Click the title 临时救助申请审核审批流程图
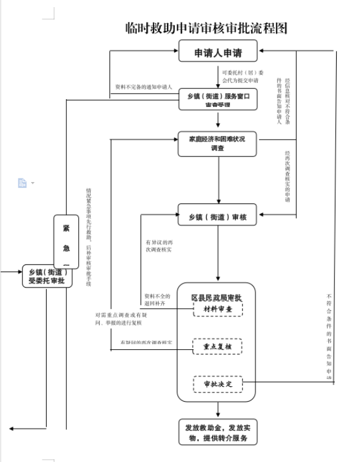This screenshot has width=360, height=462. pos(206,28)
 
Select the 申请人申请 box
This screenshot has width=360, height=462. pos(218,52)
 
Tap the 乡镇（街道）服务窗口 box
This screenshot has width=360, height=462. pos(218,99)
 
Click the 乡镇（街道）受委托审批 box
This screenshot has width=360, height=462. pos(47,276)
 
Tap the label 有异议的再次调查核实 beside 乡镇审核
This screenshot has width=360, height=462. pos(159,246)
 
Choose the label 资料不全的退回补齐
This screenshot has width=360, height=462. pos(157,300)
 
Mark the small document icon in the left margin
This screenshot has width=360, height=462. pos(23,183)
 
